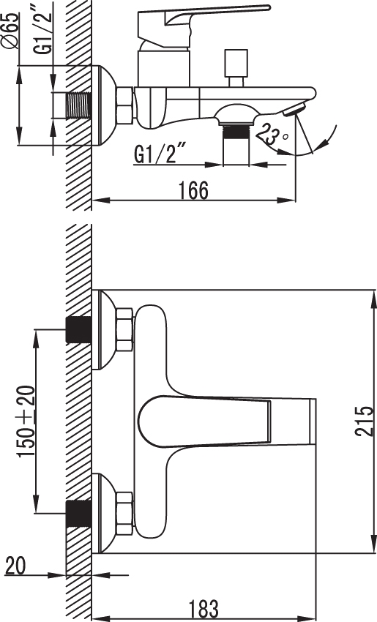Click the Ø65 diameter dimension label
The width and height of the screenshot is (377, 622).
point(11,31)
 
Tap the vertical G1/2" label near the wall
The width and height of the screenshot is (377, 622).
point(42,28)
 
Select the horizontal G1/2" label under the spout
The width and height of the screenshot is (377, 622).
point(161,154)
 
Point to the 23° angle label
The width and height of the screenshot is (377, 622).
point(273,133)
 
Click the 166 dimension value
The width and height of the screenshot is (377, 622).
point(193,190)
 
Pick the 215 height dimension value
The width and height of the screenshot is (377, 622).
point(365,421)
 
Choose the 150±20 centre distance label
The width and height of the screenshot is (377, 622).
point(26,421)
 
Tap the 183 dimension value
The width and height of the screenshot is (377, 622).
point(204,609)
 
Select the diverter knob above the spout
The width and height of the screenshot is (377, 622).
point(236,67)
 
